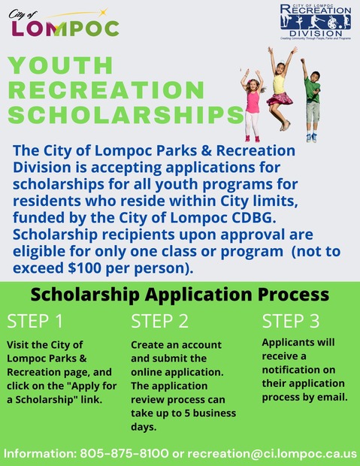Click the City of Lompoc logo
click(64, 25)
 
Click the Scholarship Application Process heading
click(180, 293)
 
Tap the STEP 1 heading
click(35, 322)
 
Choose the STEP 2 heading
click(159, 322)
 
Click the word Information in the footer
click(38, 453)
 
